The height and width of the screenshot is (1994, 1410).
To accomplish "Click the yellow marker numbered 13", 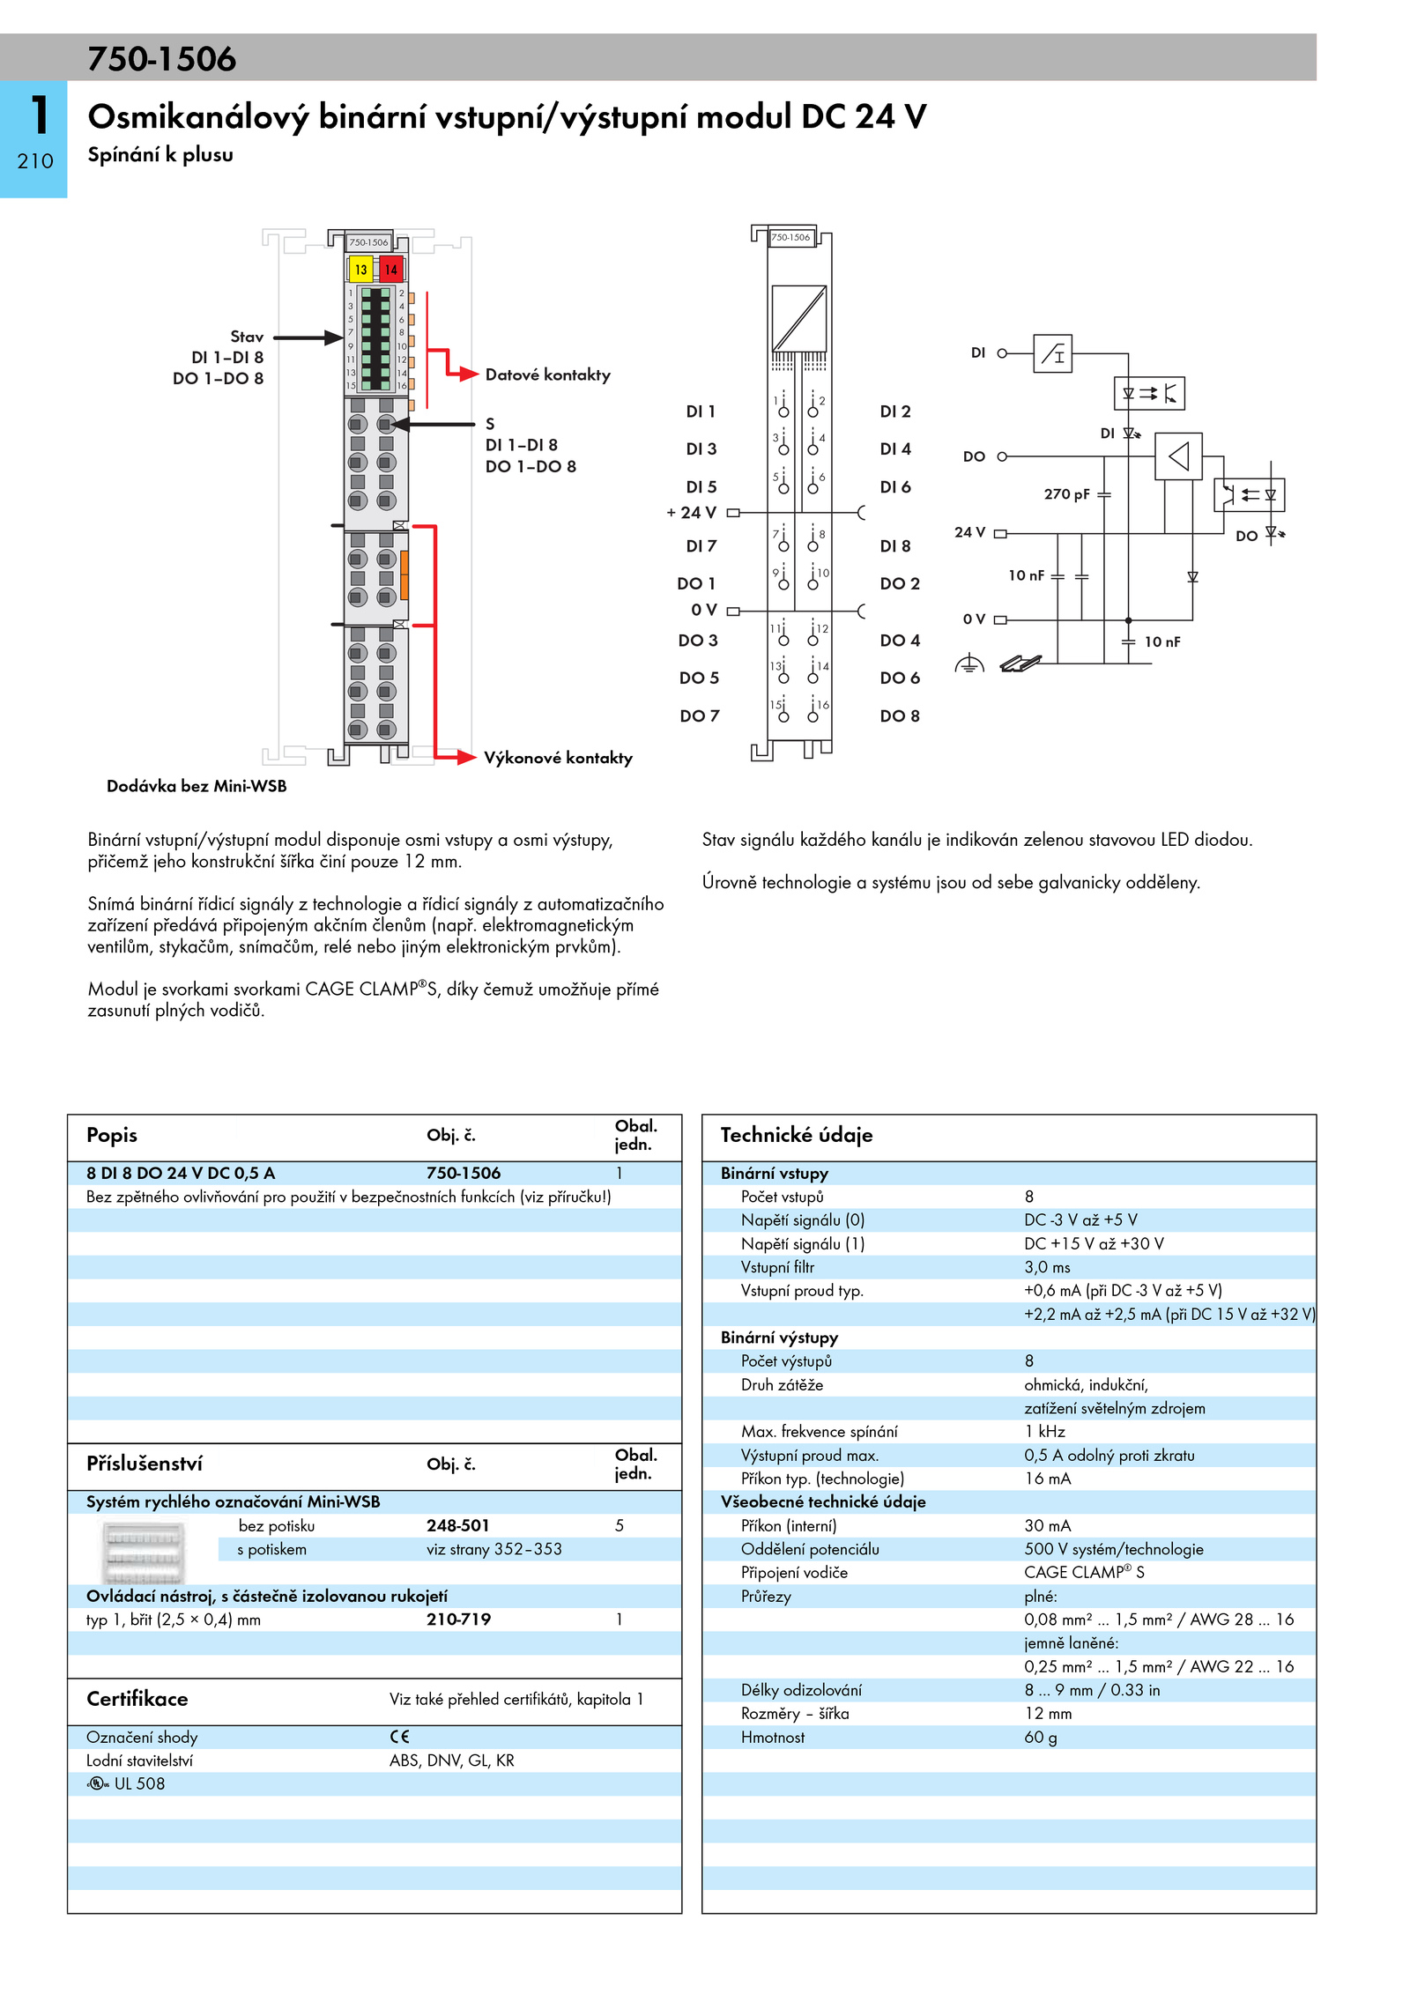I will tap(360, 270).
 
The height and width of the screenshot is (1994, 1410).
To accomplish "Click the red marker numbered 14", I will tap(390, 270).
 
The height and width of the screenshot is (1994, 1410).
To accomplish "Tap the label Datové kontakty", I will tap(547, 374).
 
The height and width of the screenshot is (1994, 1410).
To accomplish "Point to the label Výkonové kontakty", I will tap(558, 758).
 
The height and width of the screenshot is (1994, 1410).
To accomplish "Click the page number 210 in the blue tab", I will tap(35, 161).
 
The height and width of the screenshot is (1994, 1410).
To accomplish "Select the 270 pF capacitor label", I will tap(1066, 494).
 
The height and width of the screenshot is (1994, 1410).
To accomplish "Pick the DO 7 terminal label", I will tap(700, 716).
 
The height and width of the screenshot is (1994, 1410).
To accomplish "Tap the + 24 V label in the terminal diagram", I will tap(692, 513).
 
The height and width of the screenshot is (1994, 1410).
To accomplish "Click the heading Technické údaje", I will tap(797, 1135).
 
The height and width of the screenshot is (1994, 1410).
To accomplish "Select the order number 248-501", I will tap(458, 1525).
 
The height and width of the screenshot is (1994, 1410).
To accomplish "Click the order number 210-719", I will tap(458, 1620).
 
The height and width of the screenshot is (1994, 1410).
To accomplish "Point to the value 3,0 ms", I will tap(1047, 1267).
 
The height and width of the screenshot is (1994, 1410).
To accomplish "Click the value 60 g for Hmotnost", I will tap(1040, 1737).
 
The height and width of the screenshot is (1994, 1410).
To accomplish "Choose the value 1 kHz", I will tap(1044, 1432).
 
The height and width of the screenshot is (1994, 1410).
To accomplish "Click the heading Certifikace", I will tap(137, 1699).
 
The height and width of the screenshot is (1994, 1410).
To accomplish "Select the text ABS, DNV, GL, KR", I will tap(452, 1761).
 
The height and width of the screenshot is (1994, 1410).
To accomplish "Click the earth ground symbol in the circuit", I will tap(969, 663).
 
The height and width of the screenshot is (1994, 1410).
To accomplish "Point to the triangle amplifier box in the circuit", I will tap(1178, 456).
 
